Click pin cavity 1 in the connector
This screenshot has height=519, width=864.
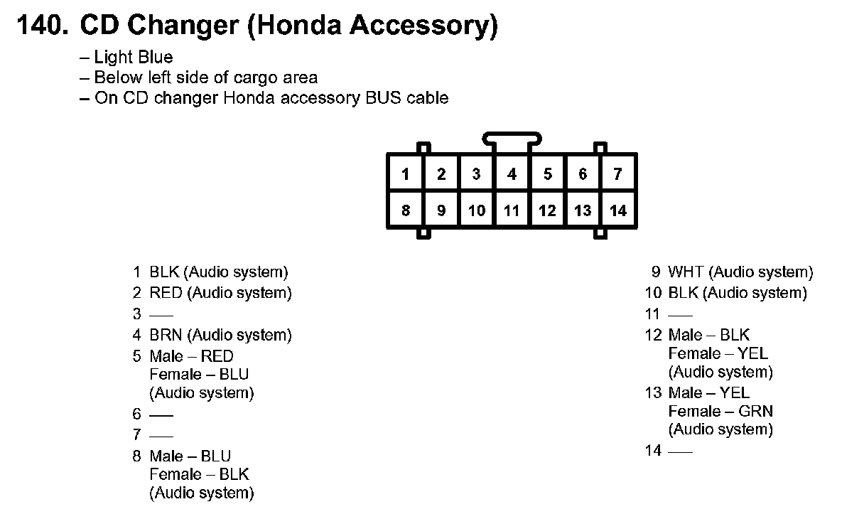pyautogui.click(x=405, y=173)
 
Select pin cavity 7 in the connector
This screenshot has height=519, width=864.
pyautogui.click(x=617, y=173)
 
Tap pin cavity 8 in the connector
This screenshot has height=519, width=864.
pyautogui.click(x=405, y=210)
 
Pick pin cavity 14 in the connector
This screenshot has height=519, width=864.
pyautogui.click(x=617, y=210)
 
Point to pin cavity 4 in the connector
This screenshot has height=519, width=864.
pyautogui.click(x=512, y=173)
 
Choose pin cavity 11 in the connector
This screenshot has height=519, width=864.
pyautogui.click(x=512, y=210)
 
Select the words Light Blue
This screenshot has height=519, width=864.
pyautogui.click(x=134, y=57)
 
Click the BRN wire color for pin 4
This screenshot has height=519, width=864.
pyautogui.click(x=166, y=335)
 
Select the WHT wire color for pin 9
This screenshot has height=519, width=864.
pyautogui.click(x=686, y=272)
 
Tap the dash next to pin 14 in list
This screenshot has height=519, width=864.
pyautogui.click(x=680, y=451)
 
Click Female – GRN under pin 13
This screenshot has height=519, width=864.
pyautogui.click(x=720, y=411)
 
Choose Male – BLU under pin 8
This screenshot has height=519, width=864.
pyautogui.click(x=190, y=456)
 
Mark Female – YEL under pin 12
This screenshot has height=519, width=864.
pyautogui.click(x=718, y=353)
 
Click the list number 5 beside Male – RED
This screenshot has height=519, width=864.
pyautogui.click(x=137, y=356)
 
